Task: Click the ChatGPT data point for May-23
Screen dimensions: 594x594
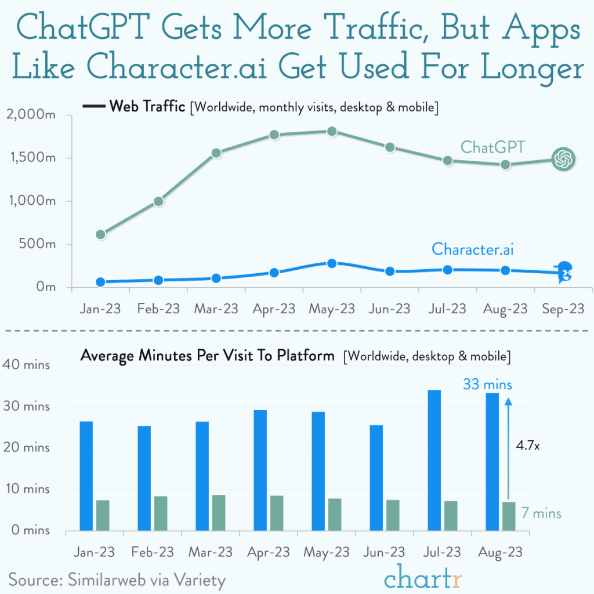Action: click(x=332, y=132)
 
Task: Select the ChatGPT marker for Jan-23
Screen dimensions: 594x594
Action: click(x=100, y=234)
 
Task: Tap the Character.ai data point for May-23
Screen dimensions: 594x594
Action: click(x=332, y=263)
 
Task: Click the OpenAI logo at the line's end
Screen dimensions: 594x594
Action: click(x=563, y=159)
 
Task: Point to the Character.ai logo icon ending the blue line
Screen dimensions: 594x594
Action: click(x=563, y=273)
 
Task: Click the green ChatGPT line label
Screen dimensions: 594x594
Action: click(x=492, y=147)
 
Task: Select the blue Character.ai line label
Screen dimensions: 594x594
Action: click(x=473, y=249)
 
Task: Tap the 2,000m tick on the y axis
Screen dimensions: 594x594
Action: click(x=31, y=115)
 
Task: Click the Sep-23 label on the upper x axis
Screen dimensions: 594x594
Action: click(x=563, y=309)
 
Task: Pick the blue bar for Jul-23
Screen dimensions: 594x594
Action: click(x=434, y=460)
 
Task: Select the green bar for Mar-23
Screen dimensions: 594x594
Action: click(x=218, y=513)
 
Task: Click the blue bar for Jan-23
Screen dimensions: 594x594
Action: click(x=86, y=476)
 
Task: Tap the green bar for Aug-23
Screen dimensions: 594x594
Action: click(x=508, y=516)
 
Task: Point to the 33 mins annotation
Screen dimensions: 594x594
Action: click(x=487, y=385)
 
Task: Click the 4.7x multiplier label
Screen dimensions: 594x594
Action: click(x=528, y=447)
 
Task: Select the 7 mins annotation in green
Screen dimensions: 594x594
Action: click(x=541, y=513)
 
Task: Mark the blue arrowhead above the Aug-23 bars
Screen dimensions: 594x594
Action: click(x=508, y=401)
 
